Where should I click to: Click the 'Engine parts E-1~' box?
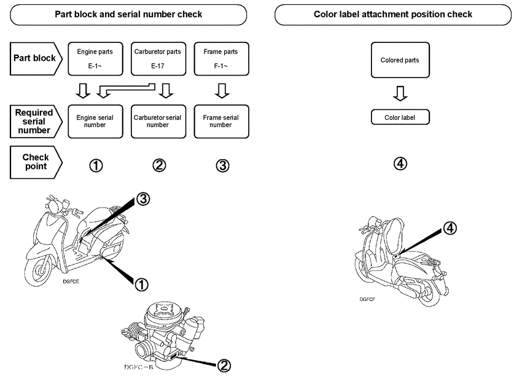pyautogui.click(x=95, y=58)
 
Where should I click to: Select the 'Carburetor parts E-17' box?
pyautogui.click(x=158, y=58)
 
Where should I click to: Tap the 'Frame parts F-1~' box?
pyautogui.click(x=220, y=58)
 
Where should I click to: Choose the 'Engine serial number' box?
pyautogui.click(x=95, y=120)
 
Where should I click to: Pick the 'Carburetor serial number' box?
pyautogui.click(x=158, y=120)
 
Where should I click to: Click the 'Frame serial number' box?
pyautogui.click(x=220, y=120)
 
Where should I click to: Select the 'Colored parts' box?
pyautogui.click(x=400, y=60)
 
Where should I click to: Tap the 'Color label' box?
pyautogui.click(x=400, y=117)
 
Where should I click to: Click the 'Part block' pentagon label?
pyautogui.click(x=34, y=58)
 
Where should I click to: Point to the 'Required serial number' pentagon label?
pyautogui.click(x=34, y=121)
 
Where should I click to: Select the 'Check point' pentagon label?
pyautogui.click(x=34, y=162)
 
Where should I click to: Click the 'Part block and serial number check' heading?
pyautogui.click(x=128, y=14)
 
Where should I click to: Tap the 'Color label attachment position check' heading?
pyautogui.click(x=393, y=14)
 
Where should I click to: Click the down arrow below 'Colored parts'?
pyautogui.click(x=400, y=93)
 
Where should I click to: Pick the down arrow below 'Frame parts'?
pyautogui.click(x=222, y=92)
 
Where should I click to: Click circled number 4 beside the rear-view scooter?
pyautogui.click(x=450, y=228)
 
